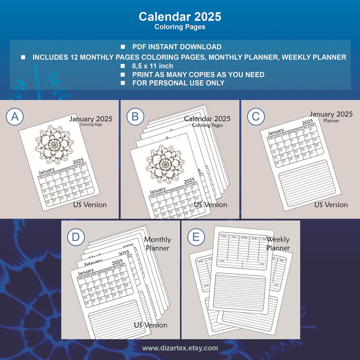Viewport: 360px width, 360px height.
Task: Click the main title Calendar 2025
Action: (180, 17)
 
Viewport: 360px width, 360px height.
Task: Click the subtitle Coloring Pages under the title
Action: (180, 27)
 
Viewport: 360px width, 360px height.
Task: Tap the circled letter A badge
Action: (15, 117)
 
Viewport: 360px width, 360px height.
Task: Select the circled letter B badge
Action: (135, 117)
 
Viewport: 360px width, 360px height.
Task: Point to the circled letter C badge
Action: (256, 117)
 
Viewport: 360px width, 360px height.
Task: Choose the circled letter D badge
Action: (76, 237)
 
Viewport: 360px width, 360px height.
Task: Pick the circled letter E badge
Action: (196, 237)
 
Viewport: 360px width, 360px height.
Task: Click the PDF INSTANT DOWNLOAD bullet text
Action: (177, 47)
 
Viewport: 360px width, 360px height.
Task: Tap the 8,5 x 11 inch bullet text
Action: (153, 66)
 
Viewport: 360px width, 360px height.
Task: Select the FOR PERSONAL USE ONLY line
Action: (178, 83)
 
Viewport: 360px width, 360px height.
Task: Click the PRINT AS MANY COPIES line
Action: (198, 75)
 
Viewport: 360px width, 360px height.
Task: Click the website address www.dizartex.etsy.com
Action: (180, 348)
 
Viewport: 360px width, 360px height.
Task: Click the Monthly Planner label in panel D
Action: (158, 244)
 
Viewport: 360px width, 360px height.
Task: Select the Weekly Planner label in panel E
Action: (278, 243)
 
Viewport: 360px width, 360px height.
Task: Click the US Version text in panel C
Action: (331, 205)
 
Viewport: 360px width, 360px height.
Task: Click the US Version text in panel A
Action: (90, 205)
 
